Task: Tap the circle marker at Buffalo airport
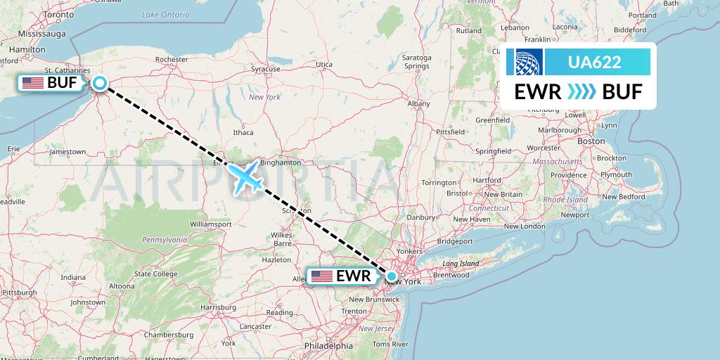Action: pos(100,83)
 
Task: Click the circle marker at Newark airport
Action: pos(391,276)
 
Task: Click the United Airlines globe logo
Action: pos(527,62)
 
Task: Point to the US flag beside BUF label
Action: pos(32,83)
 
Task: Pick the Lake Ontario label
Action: pos(165,14)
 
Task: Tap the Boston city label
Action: pos(591,141)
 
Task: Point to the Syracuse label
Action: pos(266,69)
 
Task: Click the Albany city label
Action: pos(418,103)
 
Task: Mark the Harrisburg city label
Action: pos(218,307)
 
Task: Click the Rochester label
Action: pos(172,60)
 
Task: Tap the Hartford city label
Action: pos(487,180)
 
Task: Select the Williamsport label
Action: pos(211,224)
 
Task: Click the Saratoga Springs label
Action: pos(416,61)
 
